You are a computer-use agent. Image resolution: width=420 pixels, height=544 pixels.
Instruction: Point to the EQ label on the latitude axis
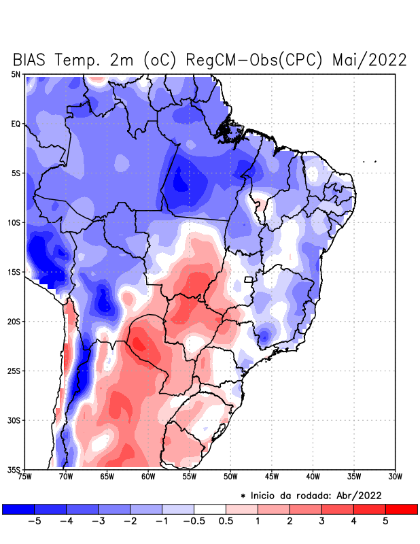click(x=16, y=124)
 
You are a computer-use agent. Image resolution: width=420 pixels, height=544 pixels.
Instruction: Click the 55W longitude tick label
click(x=188, y=476)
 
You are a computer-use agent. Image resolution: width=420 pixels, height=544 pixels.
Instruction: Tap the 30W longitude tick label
click(x=395, y=476)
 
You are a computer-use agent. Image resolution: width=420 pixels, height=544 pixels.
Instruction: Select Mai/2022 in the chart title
click(x=370, y=59)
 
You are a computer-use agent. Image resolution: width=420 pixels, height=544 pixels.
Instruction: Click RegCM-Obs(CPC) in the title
click(x=249, y=59)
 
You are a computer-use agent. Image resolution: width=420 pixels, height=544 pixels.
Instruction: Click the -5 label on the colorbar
click(x=33, y=522)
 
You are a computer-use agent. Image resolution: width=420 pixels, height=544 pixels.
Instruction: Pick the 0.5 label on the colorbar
click(x=226, y=522)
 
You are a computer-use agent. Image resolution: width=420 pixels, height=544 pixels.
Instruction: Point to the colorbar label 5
click(x=385, y=522)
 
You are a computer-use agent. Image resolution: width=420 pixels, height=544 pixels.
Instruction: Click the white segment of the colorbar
click(x=210, y=509)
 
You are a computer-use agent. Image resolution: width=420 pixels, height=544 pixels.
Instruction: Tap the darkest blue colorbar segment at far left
click(x=18, y=509)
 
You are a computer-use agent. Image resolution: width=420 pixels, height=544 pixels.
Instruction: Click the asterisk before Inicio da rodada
click(x=243, y=496)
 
